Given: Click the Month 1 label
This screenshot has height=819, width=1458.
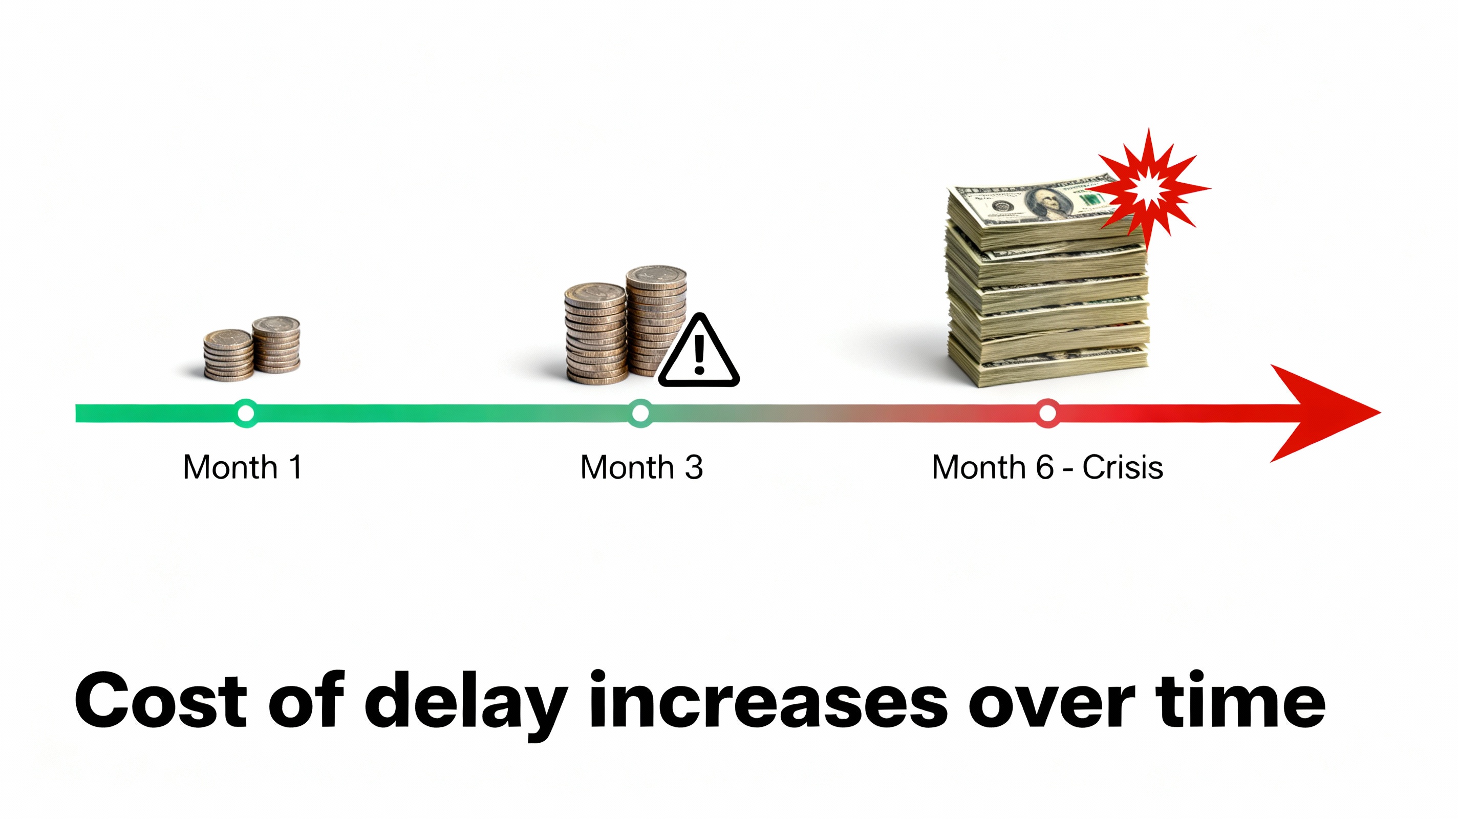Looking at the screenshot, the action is [242, 467].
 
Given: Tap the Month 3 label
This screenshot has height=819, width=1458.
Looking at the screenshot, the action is [642, 467].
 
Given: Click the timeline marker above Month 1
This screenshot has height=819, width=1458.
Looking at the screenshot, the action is [246, 413].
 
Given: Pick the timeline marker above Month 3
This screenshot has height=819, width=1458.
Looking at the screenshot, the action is [640, 413].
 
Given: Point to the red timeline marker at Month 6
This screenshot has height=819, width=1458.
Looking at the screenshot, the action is [1047, 413].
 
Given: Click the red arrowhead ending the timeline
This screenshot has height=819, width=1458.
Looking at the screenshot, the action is [1324, 413].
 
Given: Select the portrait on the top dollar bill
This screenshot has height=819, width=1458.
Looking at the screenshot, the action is [1046, 203].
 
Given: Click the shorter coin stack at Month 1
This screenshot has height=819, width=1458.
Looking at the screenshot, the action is [228, 355].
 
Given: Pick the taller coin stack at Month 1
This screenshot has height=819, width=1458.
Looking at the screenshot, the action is [276, 344].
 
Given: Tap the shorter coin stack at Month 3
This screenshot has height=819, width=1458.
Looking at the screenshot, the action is [596, 334].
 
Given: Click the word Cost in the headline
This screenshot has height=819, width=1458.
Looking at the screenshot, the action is [161, 701].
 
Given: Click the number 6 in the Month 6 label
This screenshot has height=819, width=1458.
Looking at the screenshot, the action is [1045, 467].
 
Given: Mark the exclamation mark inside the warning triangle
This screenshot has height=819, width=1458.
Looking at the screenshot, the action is [700, 355].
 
